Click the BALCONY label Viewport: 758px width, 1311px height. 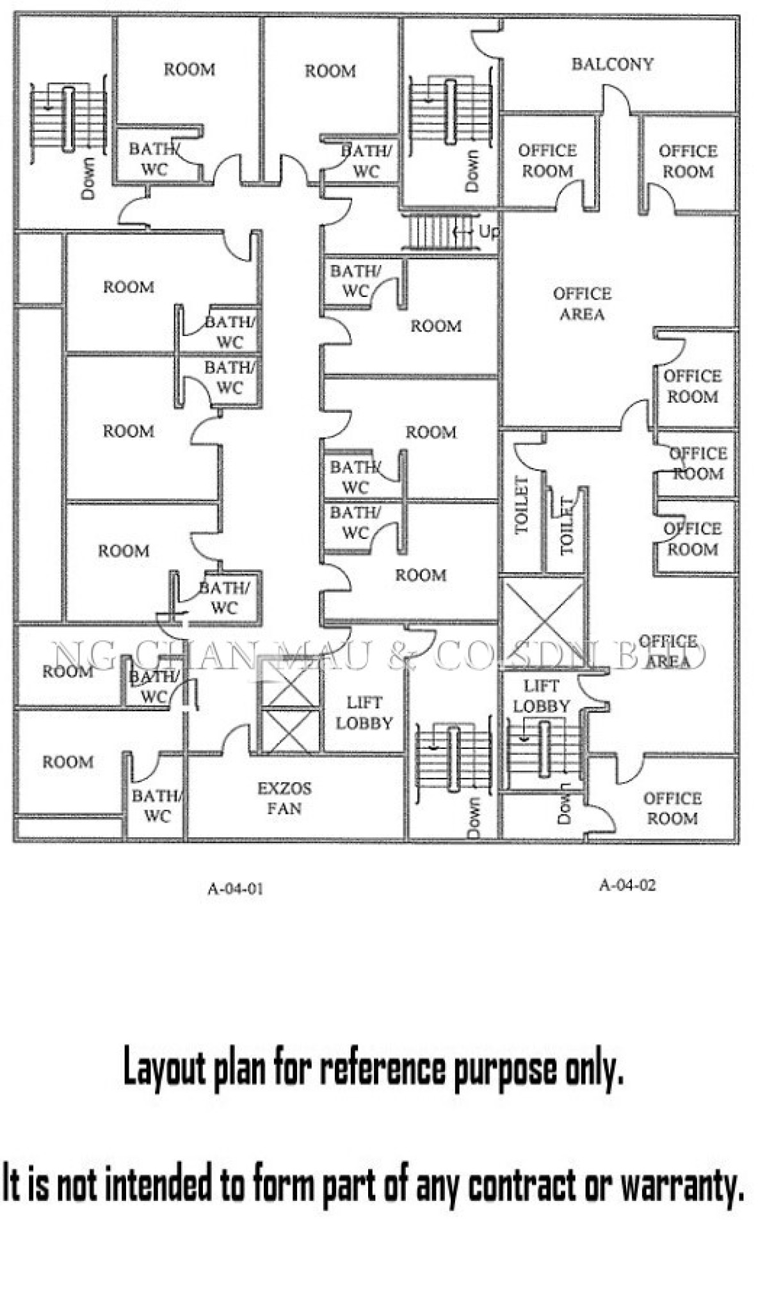[x=612, y=64]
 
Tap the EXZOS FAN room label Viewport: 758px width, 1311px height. [x=284, y=798]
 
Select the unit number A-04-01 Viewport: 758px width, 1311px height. [x=235, y=889]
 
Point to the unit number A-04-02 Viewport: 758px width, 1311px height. [x=627, y=885]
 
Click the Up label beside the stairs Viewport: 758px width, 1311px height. [x=488, y=231]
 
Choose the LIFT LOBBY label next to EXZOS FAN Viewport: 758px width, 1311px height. [x=364, y=712]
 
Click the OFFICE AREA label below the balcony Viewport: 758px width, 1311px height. [x=582, y=303]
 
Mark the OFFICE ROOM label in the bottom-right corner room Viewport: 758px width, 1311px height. [x=672, y=808]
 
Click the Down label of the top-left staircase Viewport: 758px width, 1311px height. [x=88, y=177]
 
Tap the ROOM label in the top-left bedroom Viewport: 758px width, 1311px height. [x=189, y=69]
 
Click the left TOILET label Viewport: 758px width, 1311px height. [x=522, y=505]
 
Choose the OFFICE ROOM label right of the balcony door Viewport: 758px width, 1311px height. [x=688, y=161]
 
